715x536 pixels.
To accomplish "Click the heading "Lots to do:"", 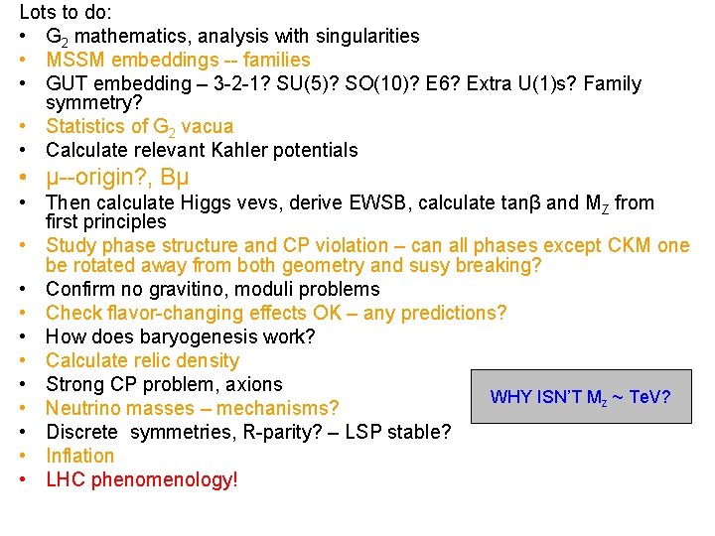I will coord(66,14).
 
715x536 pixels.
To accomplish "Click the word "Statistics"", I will coord(87,127).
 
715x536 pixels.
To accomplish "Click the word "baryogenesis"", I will coord(183,337).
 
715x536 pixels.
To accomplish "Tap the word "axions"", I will coord(250,385).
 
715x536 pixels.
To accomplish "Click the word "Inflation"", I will coord(80,457).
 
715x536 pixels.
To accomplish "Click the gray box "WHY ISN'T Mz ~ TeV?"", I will coord(580,397).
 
